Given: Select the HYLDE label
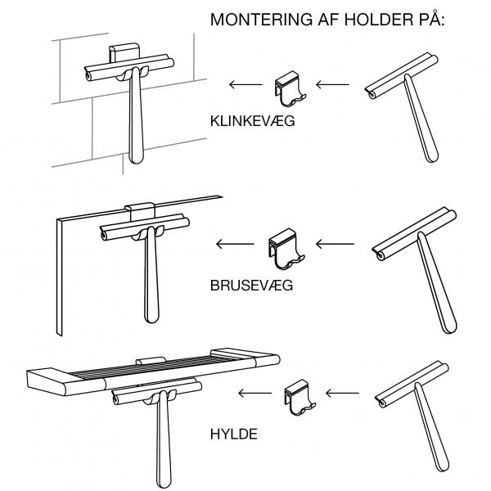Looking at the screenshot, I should [234, 433].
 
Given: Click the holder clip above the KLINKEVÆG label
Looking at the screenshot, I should [288, 89].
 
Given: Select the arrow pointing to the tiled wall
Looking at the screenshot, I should [243, 83].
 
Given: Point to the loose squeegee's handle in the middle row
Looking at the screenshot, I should [433, 286].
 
